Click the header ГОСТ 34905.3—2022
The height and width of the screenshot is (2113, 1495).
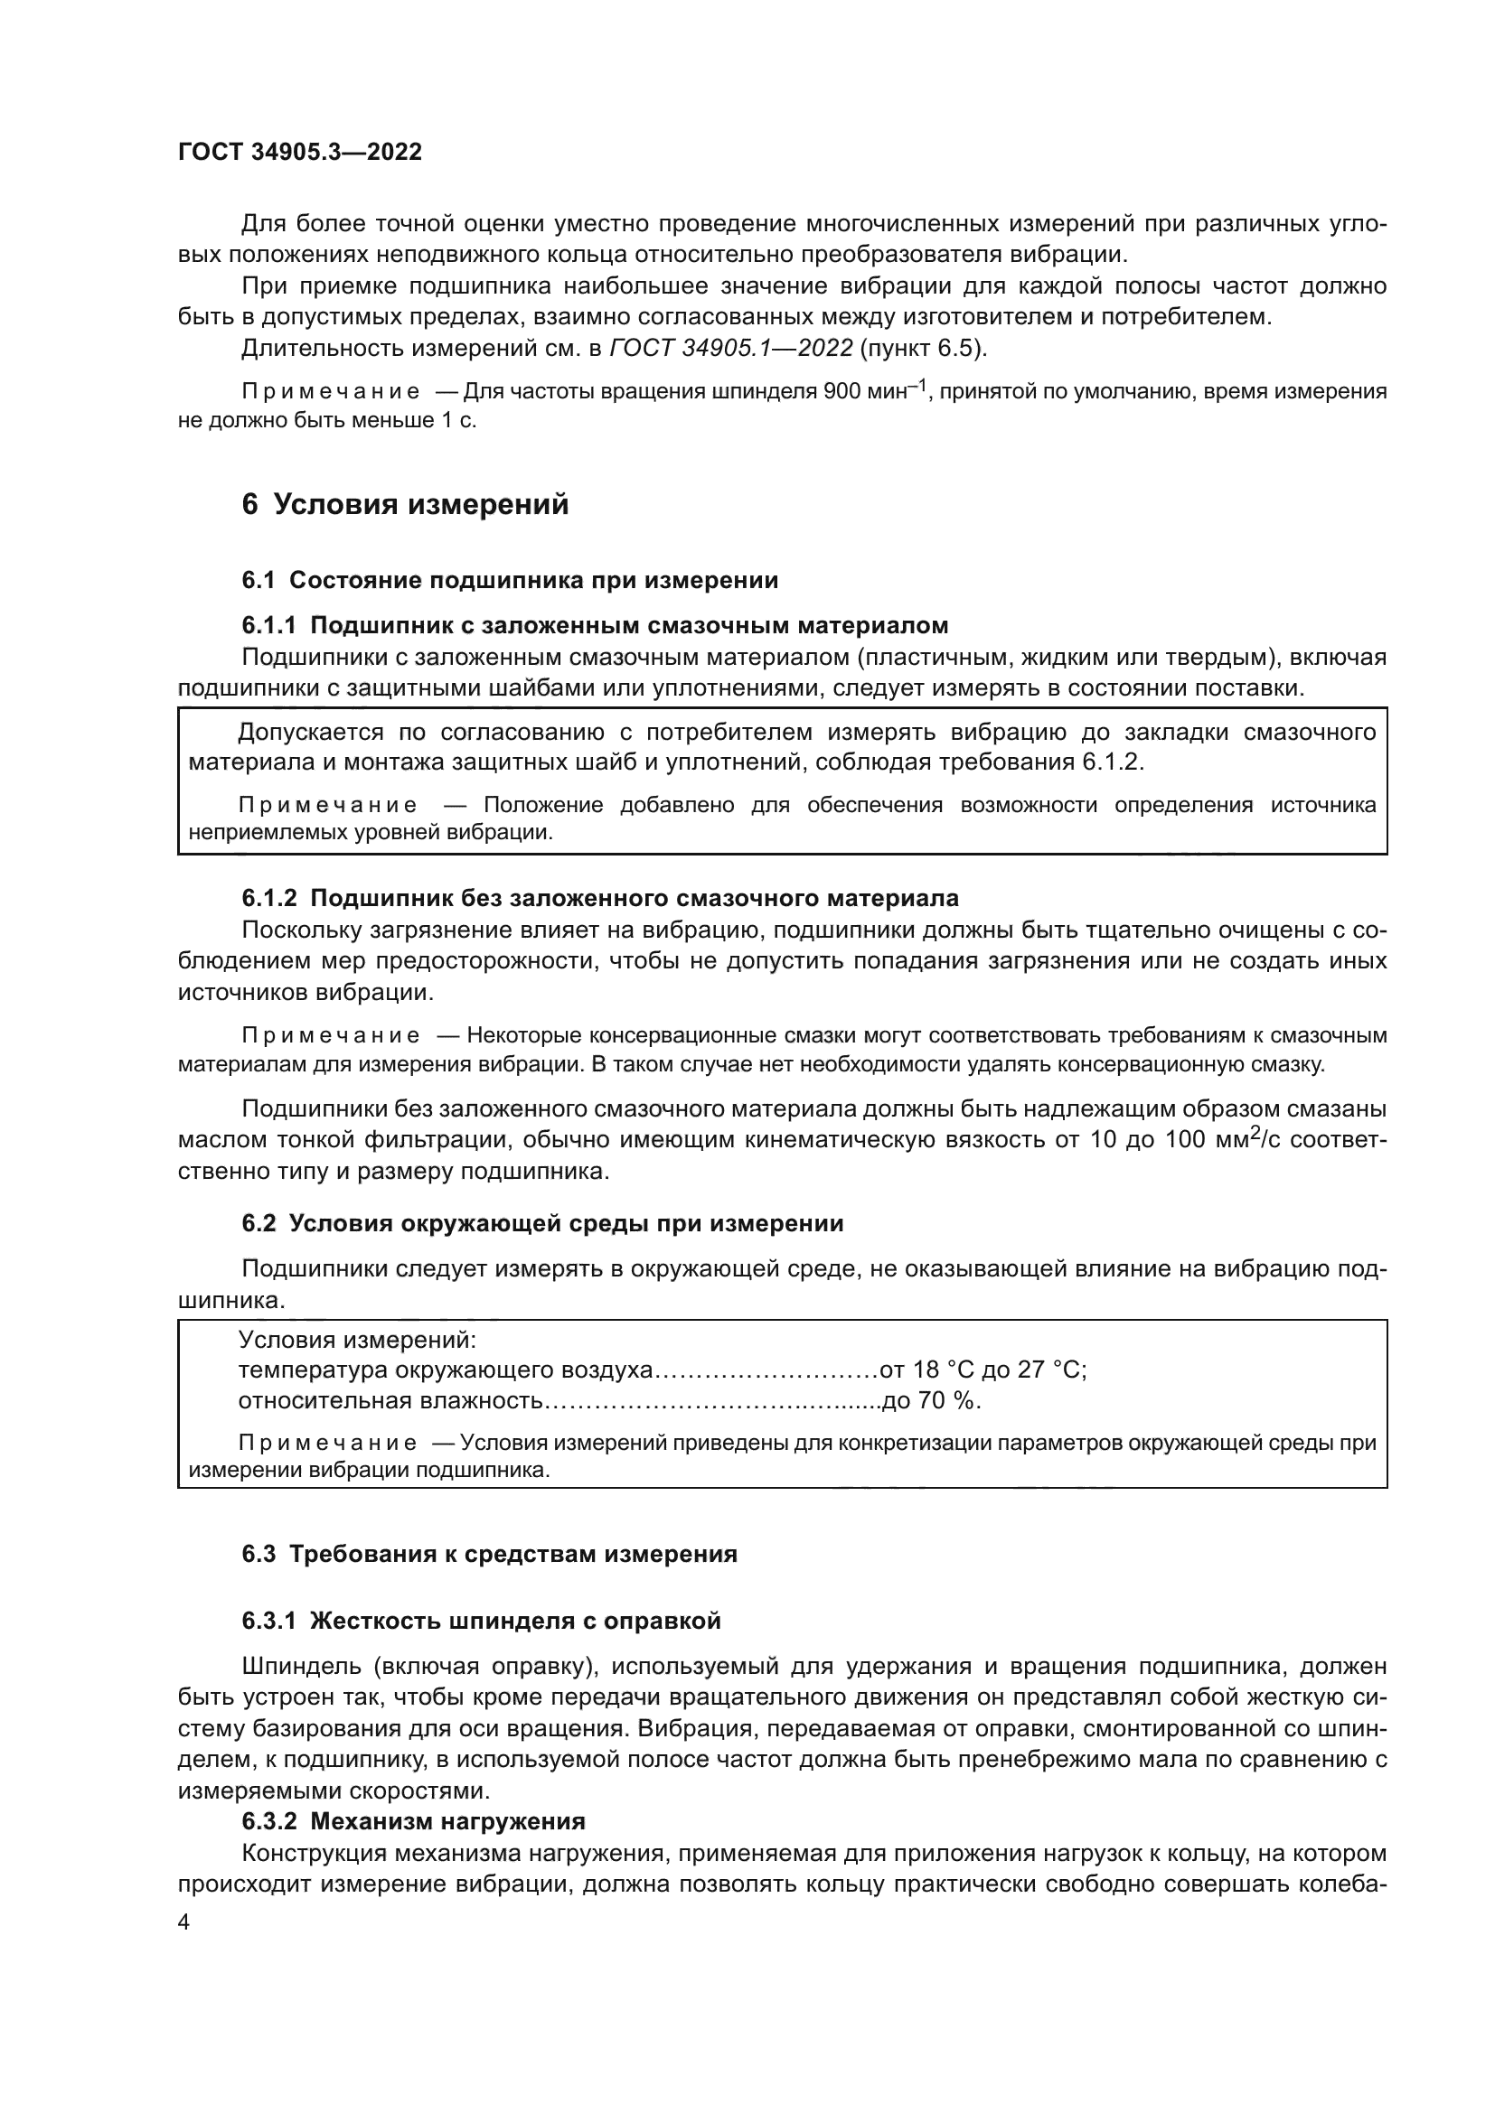tap(299, 153)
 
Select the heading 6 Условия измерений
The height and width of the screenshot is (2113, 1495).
tap(405, 505)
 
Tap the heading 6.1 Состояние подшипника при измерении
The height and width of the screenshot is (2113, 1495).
tap(510, 581)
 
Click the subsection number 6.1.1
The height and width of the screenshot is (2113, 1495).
tap(268, 626)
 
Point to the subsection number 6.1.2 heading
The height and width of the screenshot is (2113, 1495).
tap(268, 898)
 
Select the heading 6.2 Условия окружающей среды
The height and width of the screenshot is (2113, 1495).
tap(542, 1224)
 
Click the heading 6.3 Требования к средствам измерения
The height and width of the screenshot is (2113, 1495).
tap(490, 1555)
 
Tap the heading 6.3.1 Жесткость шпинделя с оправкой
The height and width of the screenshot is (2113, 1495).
tap(482, 1622)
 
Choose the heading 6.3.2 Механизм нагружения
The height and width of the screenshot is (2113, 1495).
tap(413, 1821)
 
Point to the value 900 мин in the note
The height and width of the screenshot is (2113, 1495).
tap(863, 392)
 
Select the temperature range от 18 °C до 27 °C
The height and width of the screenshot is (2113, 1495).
tap(983, 1370)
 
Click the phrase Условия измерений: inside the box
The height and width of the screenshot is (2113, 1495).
tap(357, 1340)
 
